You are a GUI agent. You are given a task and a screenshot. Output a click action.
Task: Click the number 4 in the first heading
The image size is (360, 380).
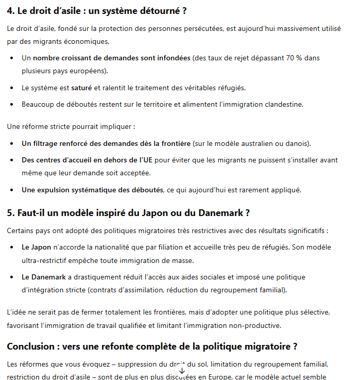point(10,10)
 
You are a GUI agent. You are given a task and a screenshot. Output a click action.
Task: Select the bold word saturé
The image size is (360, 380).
point(81,88)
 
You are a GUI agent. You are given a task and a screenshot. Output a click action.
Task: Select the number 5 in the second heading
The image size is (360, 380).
point(10,212)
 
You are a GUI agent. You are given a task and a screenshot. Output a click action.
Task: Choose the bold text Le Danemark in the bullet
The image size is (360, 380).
point(44,277)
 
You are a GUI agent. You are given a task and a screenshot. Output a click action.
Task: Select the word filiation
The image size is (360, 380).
point(169,247)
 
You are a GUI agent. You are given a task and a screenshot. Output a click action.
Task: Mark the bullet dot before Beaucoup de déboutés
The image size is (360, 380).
point(12,104)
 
